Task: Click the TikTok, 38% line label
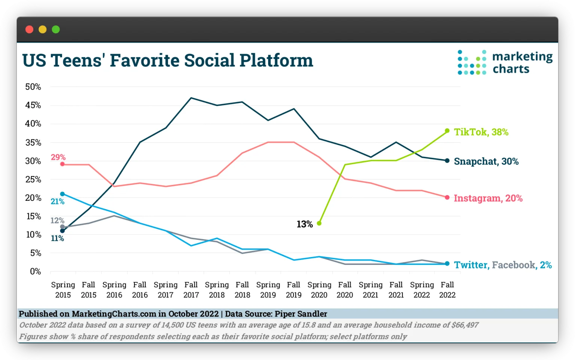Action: pos(481,132)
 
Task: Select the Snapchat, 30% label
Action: pos(486,161)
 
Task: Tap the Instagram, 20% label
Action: pos(488,198)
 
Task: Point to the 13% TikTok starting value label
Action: pos(304,224)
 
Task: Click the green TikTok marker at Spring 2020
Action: pos(319,223)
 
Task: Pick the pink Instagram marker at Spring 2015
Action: pos(63,164)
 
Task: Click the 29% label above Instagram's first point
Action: pos(58,157)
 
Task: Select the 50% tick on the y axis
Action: pos(33,87)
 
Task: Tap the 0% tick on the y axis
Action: pos(35,271)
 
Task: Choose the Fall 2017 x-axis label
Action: pos(191,290)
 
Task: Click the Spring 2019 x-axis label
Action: pos(268,290)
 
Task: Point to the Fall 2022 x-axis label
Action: pos(447,290)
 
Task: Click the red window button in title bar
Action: pos(30,30)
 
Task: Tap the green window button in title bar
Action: pos(56,30)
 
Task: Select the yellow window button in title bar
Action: pos(43,30)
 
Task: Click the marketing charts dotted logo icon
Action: pos(472,62)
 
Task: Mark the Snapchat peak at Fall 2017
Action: pos(191,98)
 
